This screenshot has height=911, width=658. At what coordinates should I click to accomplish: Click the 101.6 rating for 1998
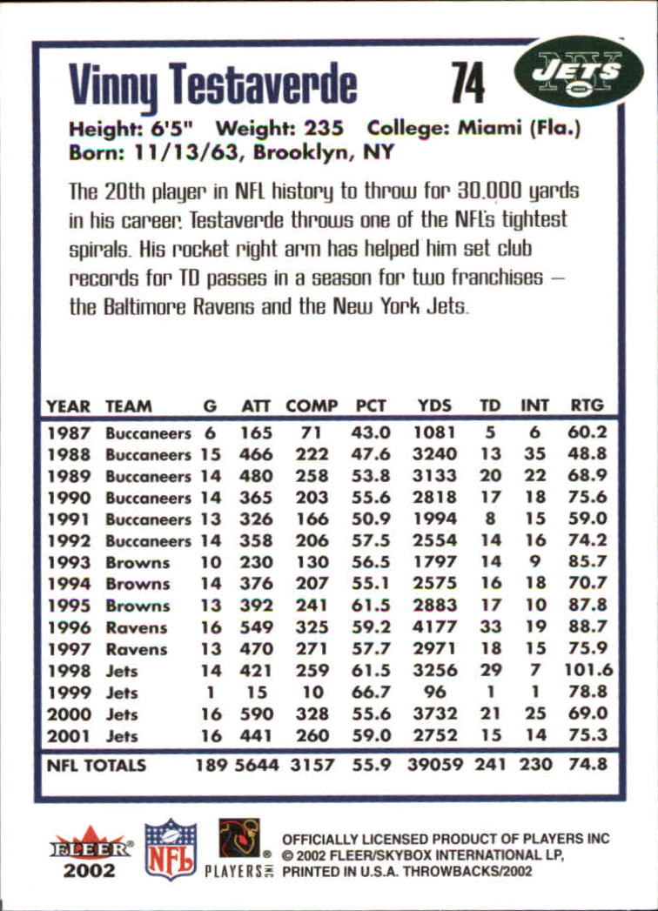pyautogui.click(x=588, y=671)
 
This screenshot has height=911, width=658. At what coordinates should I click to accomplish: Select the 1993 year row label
pyautogui.click(x=68, y=563)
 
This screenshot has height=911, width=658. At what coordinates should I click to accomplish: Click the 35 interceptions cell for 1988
pyautogui.click(x=534, y=454)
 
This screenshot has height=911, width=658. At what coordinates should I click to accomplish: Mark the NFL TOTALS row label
pyautogui.click(x=96, y=767)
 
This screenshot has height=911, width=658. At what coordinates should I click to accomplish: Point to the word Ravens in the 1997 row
pyautogui.click(x=137, y=649)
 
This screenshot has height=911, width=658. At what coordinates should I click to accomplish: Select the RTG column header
pyautogui.click(x=586, y=405)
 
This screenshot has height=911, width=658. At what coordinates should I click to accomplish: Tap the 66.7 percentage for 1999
pyautogui.click(x=373, y=693)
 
